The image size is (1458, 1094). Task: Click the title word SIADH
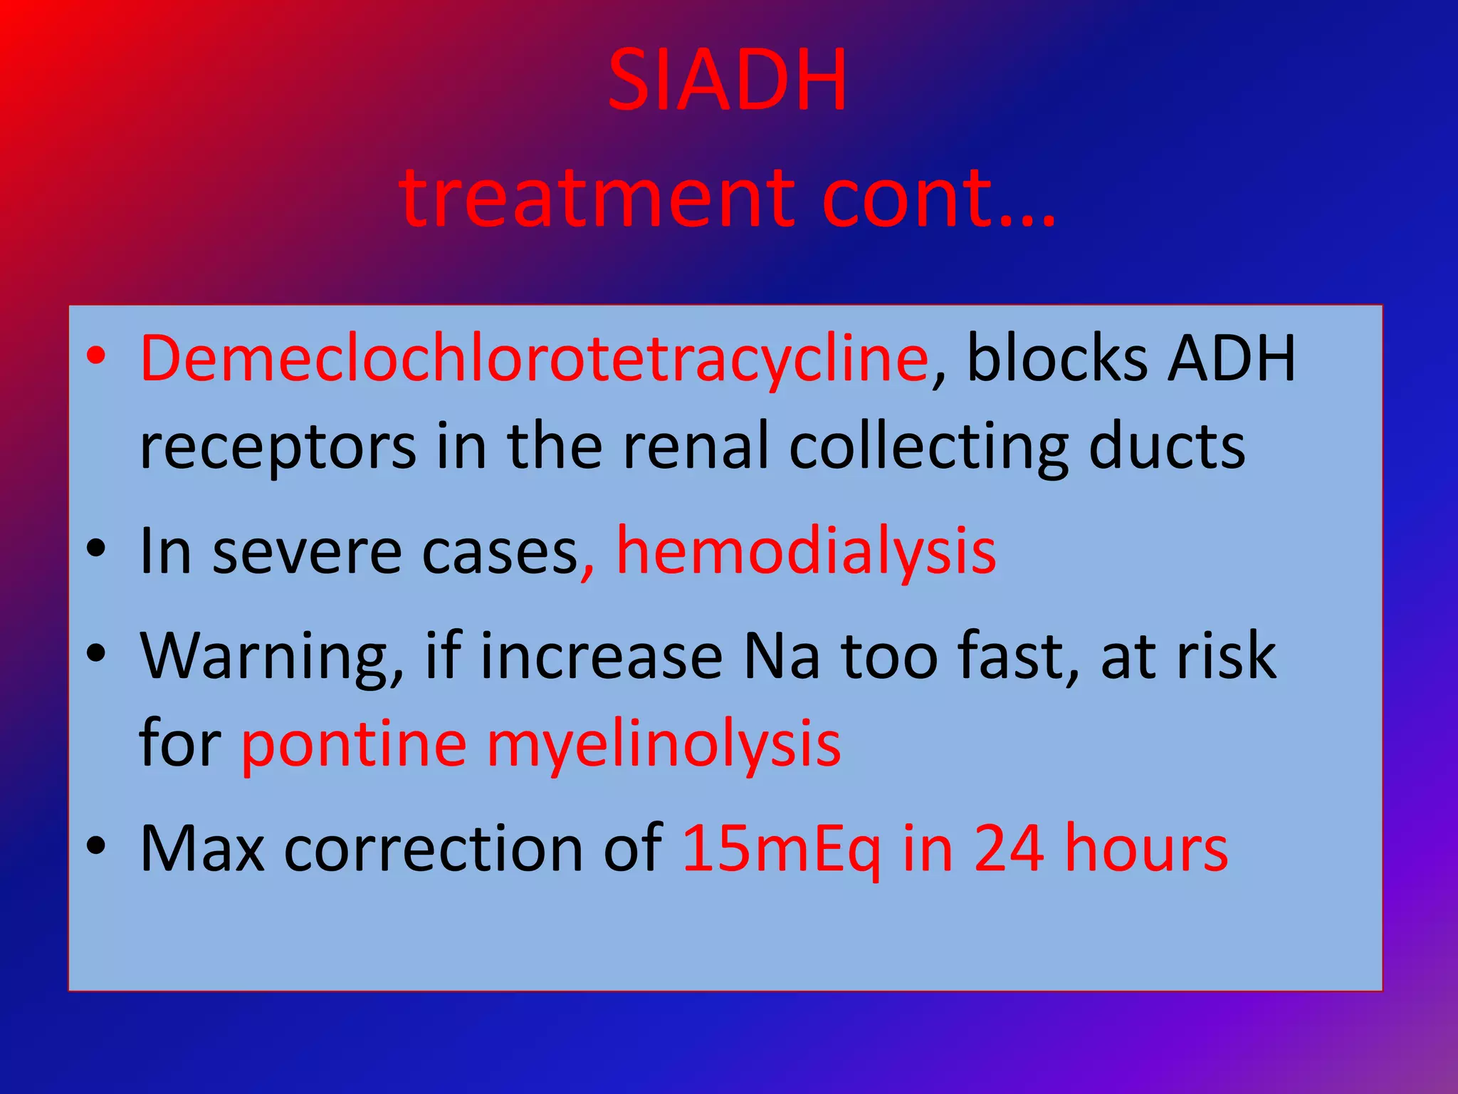(728, 80)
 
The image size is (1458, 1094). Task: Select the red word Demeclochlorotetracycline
(534, 358)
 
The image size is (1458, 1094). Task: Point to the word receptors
(278, 447)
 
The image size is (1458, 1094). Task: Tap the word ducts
(1167, 446)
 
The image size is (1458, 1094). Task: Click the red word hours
(1146, 848)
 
